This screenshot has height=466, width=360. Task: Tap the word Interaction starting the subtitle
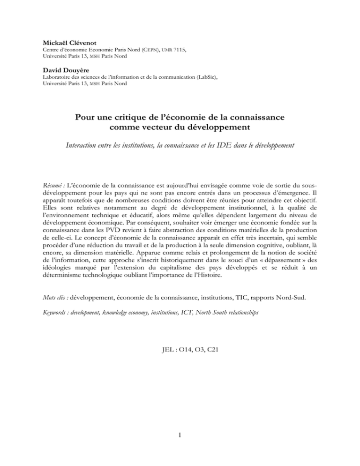point(81,148)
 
